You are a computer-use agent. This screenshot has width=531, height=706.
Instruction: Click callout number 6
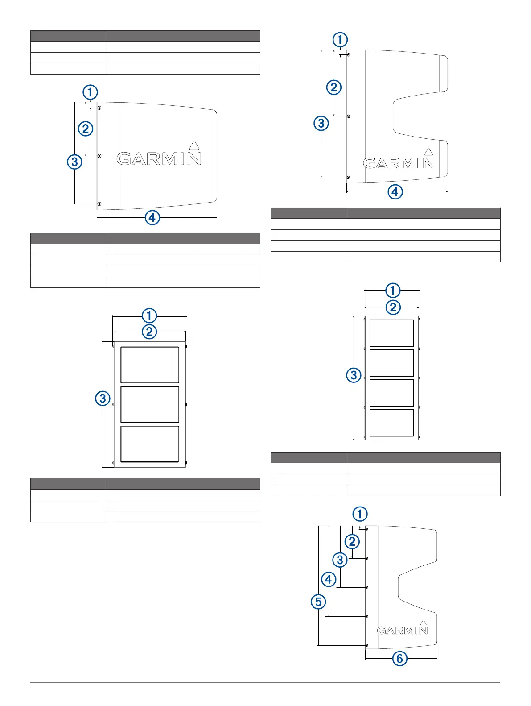[399, 658]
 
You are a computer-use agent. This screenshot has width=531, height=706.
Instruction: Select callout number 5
[318, 602]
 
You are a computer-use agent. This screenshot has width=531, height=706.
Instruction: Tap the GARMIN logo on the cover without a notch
[159, 158]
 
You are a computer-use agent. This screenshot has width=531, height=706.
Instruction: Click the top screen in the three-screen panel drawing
[150, 365]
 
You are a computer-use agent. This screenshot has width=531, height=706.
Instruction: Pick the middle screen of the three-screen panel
[150, 404]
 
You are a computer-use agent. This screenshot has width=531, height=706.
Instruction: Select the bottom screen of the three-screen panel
[150, 444]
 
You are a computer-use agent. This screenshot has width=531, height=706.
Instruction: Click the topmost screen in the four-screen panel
[392, 333]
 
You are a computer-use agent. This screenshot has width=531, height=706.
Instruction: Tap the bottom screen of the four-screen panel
[392, 423]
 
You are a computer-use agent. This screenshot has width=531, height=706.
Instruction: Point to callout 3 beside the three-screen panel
[103, 398]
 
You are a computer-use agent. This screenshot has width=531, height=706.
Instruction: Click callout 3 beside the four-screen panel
[354, 375]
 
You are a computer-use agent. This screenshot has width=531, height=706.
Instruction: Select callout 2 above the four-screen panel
[393, 307]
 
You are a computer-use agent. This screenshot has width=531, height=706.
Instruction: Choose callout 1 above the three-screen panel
[149, 316]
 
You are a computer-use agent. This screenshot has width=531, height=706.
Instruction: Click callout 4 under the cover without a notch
[152, 218]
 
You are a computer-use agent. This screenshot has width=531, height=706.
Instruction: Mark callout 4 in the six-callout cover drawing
[329, 579]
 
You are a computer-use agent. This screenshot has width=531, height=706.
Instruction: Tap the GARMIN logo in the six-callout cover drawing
[402, 630]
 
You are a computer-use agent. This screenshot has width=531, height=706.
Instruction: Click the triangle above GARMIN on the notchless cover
[193, 145]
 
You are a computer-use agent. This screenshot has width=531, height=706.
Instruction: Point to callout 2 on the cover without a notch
[85, 129]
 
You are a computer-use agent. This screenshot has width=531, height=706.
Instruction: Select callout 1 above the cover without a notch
[90, 92]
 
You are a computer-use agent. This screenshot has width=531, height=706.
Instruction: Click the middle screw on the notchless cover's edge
[99, 156]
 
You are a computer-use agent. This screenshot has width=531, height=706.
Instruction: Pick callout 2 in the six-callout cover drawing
[352, 541]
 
